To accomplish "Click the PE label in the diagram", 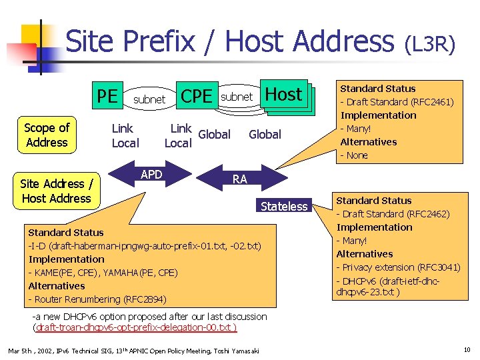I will click(107, 97).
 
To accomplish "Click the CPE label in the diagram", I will click(197, 97).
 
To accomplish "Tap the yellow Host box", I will click(284, 95).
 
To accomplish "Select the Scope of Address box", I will click(47, 135).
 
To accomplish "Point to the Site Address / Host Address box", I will click(56, 191).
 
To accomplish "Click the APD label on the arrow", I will click(153, 175).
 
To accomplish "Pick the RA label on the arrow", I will click(240, 179).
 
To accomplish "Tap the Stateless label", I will click(284, 206).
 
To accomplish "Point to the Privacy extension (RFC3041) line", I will click(398, 267).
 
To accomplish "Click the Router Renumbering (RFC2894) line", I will click(97, 299).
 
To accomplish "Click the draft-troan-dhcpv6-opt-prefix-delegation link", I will click(135, 327).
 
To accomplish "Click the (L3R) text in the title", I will click(430, 45).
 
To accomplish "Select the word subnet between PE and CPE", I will click(149, 99).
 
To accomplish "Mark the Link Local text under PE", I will click(125, 135).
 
